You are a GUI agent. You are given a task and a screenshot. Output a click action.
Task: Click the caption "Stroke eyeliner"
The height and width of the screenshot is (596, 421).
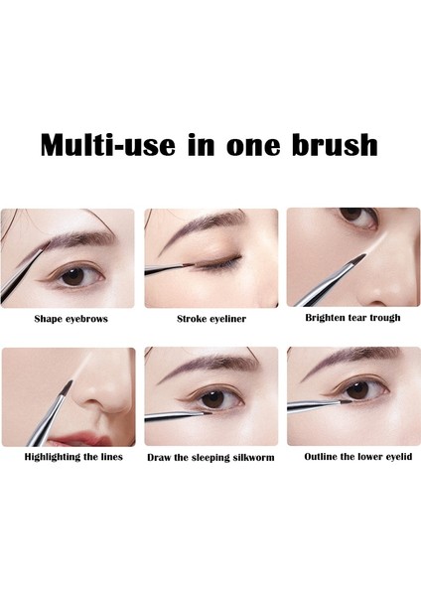[210, 319]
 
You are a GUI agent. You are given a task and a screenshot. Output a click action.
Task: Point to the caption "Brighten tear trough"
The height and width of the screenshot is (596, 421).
[352, 318]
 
